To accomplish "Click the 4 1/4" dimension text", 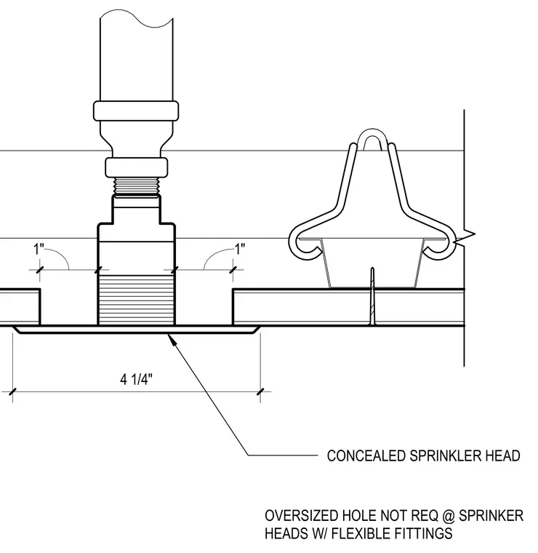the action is pos(137,380).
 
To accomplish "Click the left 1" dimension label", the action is pos(39,249).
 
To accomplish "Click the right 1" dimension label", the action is pos(240,249).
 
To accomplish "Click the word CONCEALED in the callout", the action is pos(366,455).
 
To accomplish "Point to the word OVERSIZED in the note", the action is pos(302,516).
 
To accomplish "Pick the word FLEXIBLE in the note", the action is pos(364,533).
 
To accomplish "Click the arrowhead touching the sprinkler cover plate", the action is pos(172,340).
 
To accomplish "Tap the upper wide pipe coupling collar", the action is pos(136,111).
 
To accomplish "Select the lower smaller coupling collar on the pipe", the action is pos(137,167).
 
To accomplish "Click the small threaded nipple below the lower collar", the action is pos(137,186).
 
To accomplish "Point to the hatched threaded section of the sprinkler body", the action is pos(137,300).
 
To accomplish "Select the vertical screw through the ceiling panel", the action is pos(372,296).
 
